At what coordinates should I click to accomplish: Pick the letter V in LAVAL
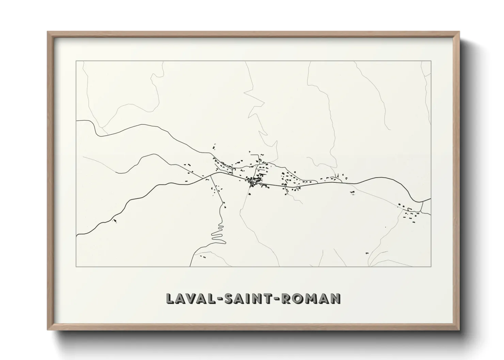point(190,298)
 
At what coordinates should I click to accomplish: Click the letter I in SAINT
point(248,298)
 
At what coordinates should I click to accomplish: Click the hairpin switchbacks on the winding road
point(218,233)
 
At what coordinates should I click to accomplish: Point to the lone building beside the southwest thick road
point(114,221)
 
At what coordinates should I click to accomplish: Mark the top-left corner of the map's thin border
point(76,61)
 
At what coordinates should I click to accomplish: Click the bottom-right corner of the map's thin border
point(431,266)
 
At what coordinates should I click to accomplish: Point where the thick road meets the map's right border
point(431,199)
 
